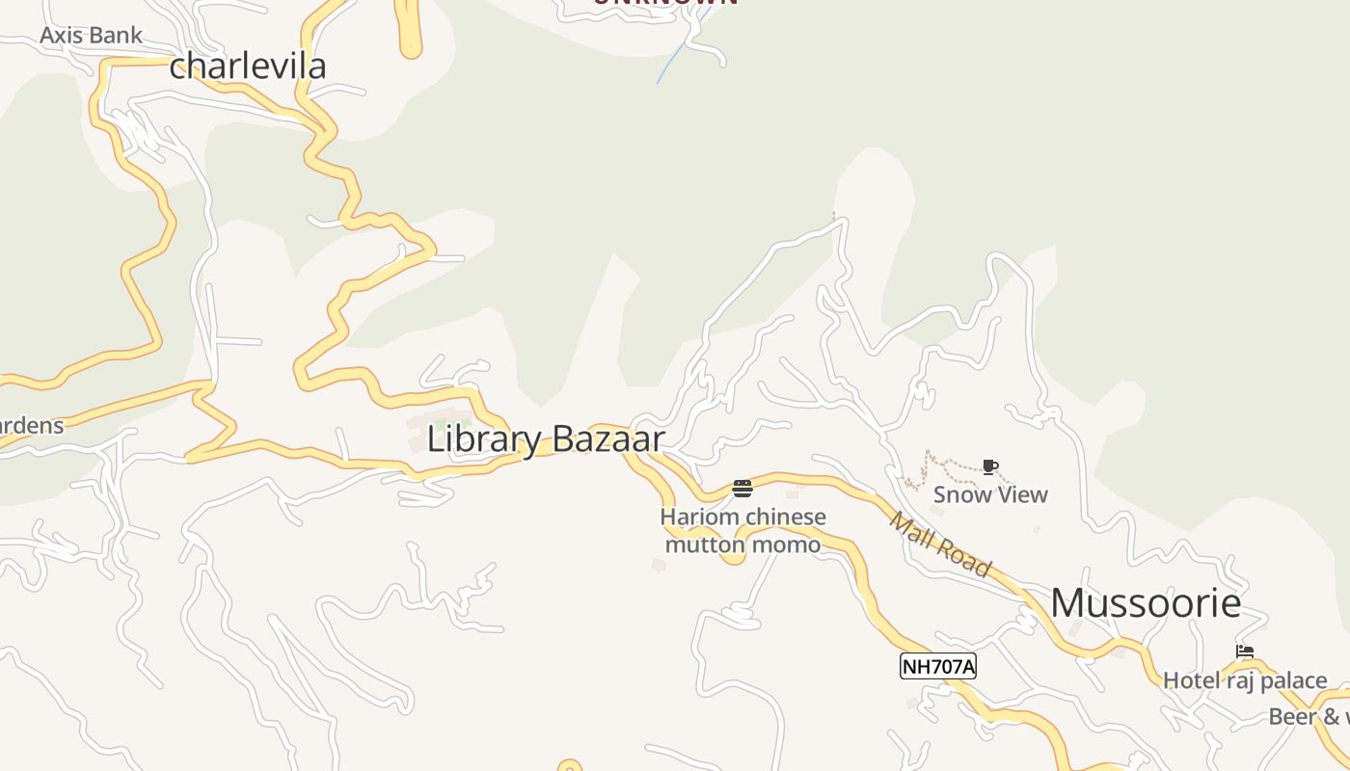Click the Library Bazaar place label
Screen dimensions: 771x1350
point(546,439)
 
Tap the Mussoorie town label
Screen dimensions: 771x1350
point(1146,603)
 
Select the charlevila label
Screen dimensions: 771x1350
point(248,66)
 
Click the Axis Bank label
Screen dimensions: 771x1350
point(91,36)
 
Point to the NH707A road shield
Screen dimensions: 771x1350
point(938,666)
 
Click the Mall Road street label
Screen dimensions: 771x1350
point(940,545)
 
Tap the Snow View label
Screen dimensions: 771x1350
point(990,494)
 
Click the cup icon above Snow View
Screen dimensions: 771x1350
point(989,467)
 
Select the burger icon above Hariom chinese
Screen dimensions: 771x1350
point(742,489)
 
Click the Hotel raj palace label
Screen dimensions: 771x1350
point(1245,680)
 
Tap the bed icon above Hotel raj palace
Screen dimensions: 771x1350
point(1245,652)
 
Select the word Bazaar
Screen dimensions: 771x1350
point(607,439)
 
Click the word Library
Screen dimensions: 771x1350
point(484,439)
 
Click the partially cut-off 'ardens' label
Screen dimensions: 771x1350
point(31,425)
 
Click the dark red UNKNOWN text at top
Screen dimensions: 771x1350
point(665,3)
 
